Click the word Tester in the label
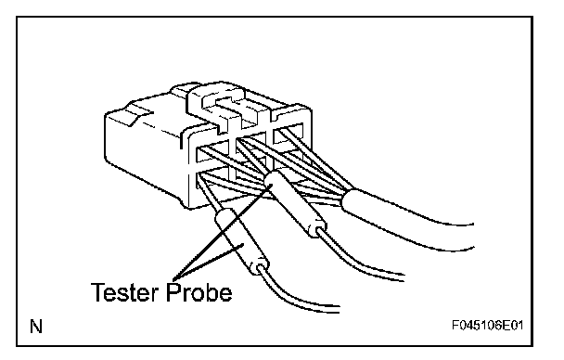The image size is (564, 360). coord(124,291)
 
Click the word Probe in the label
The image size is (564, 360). coord(199,291)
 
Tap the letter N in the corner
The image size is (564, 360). coord(36,327)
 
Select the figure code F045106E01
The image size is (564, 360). coord(487,326)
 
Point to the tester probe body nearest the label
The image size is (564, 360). coord(241,241)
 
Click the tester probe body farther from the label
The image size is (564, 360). coord(296,203)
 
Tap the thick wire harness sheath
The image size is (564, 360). coord(406,218)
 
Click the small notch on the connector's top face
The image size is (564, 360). coord(139,114)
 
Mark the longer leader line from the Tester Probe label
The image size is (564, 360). coord(222,233)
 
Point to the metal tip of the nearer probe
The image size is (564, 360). coord(209,196)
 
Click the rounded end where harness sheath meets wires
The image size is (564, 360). coord(349,200)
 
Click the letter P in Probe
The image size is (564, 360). coord(173,291)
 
